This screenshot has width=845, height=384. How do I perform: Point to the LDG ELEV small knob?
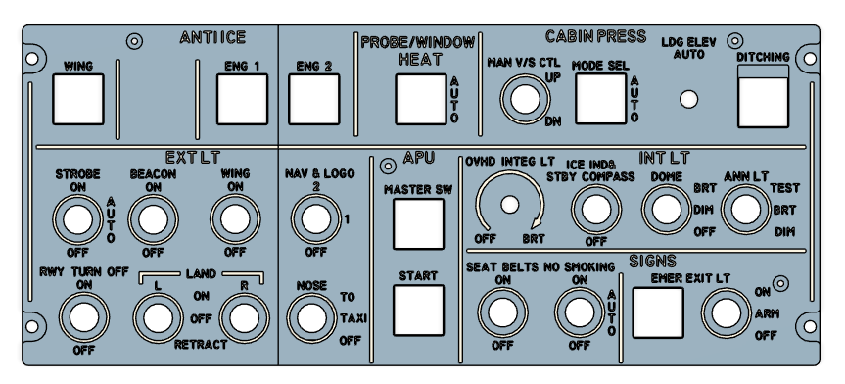[x=690, y=99]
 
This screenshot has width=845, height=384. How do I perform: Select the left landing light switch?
[x=156, y=316]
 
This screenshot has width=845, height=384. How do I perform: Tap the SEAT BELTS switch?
[x=502, y=312]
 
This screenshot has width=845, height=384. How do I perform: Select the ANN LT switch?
[x=746, y=208]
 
